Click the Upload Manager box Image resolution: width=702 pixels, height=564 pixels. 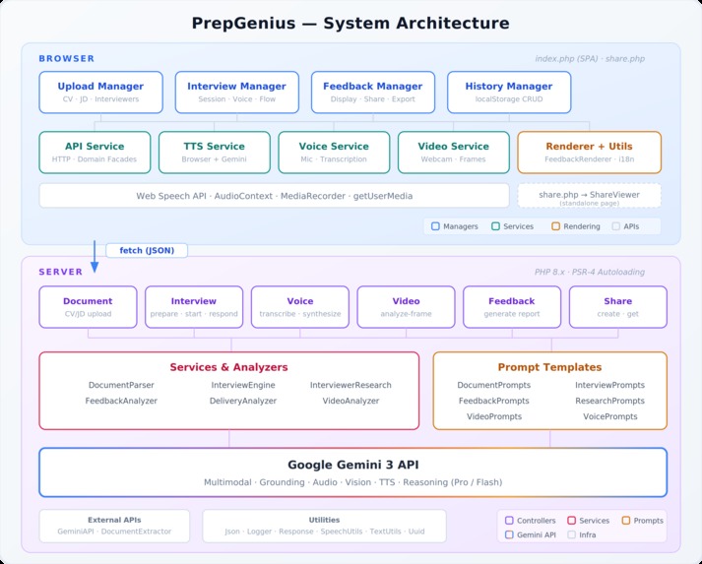pos(100,92)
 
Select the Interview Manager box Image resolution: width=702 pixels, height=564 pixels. pos(236,92)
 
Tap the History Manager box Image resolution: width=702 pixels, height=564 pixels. pos(508,92)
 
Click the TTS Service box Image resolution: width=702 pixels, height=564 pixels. pos(215,153)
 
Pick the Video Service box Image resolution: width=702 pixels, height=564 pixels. pos(455,153)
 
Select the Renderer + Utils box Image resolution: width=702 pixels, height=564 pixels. pos(589,153)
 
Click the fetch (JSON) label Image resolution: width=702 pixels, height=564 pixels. pos(147,250)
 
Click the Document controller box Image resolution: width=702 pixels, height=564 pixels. pos(88,306)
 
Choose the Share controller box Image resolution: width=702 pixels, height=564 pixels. pos(618,306)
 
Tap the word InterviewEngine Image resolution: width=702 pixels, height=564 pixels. pos(243,385)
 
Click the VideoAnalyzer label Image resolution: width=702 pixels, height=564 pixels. pos(351,401)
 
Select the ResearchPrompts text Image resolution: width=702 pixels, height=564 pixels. pos(610,401)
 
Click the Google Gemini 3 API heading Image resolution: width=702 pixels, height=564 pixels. pos(351,465)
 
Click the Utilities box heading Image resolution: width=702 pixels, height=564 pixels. pos(324,520)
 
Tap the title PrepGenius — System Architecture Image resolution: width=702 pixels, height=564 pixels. pos(351,23)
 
